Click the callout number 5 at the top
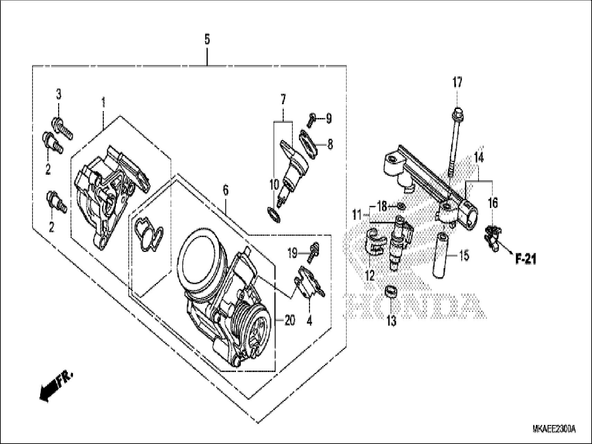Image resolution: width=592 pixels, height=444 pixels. tap(207, 39)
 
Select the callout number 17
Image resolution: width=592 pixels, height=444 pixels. tap(457, 83)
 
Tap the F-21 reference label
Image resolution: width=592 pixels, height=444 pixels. tap(526, 259)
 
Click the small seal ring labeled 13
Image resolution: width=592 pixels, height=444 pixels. tap(390, 291)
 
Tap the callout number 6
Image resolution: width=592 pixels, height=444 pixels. tap(226, 190)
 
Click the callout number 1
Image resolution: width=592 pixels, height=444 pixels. tap(103, 103)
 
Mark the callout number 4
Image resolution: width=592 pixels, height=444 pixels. tap(309, 321)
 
